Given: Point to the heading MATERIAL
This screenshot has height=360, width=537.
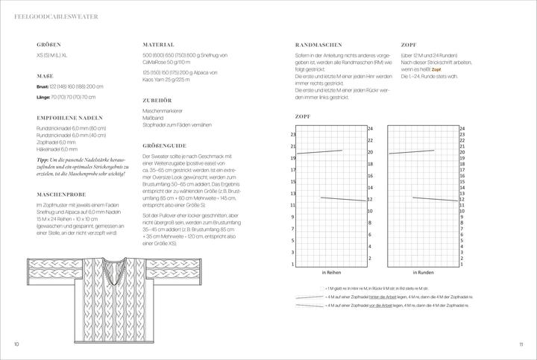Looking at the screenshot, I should (158, 45).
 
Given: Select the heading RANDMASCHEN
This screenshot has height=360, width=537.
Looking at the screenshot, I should (319, 45).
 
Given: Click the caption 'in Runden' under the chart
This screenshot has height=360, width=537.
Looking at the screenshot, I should (425, 274).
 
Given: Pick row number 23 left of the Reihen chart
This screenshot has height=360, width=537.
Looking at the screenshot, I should (293, 134).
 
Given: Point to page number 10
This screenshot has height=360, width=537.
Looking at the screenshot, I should (16, 344).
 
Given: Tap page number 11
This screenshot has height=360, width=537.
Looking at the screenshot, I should (521, 344).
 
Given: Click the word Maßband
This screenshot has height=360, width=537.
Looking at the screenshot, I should (154, 116).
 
